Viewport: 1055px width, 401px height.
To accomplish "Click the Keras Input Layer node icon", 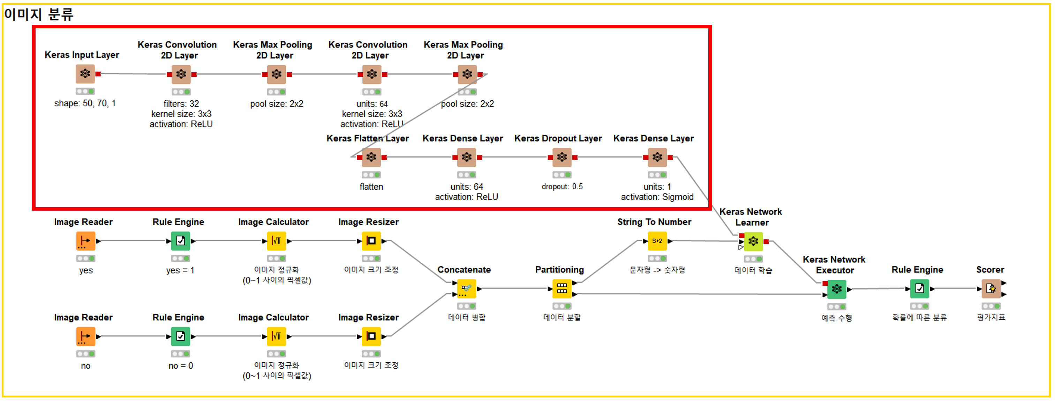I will [85, 74].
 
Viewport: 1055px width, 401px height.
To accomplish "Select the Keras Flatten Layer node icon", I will [371, 157].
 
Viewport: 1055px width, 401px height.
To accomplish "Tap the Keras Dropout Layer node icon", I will [562, 157].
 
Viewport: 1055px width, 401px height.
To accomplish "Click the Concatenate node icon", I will [467, 289].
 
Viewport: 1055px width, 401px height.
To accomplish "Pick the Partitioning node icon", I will [562, 289].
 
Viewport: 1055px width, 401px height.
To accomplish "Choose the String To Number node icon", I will [657, 241].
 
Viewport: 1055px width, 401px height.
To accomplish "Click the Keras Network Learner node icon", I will [753, 241].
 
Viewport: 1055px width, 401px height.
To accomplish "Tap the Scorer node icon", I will [991, 289].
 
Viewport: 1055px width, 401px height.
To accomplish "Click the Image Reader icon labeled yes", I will [85, 241].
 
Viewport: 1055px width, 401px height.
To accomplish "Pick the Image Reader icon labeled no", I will [85, 337].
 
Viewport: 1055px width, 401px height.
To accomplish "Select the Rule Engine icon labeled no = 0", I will [181, 337].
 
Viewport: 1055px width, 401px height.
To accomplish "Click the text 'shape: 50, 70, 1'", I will [85, 103].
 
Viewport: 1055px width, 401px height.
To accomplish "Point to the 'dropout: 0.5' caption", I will [562, 187].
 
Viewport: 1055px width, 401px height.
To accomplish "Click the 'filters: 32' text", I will [181, 104].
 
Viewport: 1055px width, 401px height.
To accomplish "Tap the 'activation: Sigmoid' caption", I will [657, 197].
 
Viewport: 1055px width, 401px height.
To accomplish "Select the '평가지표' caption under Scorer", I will [991, 318].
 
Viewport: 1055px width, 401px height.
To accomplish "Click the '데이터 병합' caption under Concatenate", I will [467, 318].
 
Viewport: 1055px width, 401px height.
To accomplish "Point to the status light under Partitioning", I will [562, 306].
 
